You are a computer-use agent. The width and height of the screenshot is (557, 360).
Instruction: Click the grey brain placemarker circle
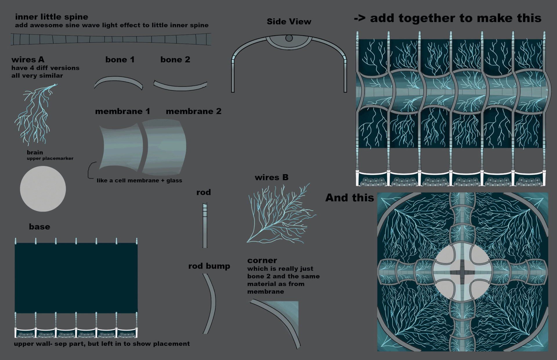coord(43,189)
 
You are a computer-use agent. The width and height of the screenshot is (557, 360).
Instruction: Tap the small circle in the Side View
coord(289,38)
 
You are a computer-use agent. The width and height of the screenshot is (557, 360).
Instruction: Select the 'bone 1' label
coord(120,60)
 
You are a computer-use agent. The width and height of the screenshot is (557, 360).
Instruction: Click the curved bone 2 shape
coord(180,86)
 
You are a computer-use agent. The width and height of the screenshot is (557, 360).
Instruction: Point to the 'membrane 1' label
coord(122,111)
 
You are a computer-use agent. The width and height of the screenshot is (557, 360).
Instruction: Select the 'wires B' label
coord(272,177)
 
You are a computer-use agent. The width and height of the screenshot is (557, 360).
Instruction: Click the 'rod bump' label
coord(209,266)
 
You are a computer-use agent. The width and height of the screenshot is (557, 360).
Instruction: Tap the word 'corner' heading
coord(262,261)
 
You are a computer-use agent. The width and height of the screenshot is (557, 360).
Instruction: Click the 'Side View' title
coord(289,22)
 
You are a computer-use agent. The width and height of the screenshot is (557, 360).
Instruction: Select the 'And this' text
coord(350,198)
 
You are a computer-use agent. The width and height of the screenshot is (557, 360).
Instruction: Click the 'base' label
coord(39,227)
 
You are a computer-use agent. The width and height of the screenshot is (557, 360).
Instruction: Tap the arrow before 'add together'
coord(359,18)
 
